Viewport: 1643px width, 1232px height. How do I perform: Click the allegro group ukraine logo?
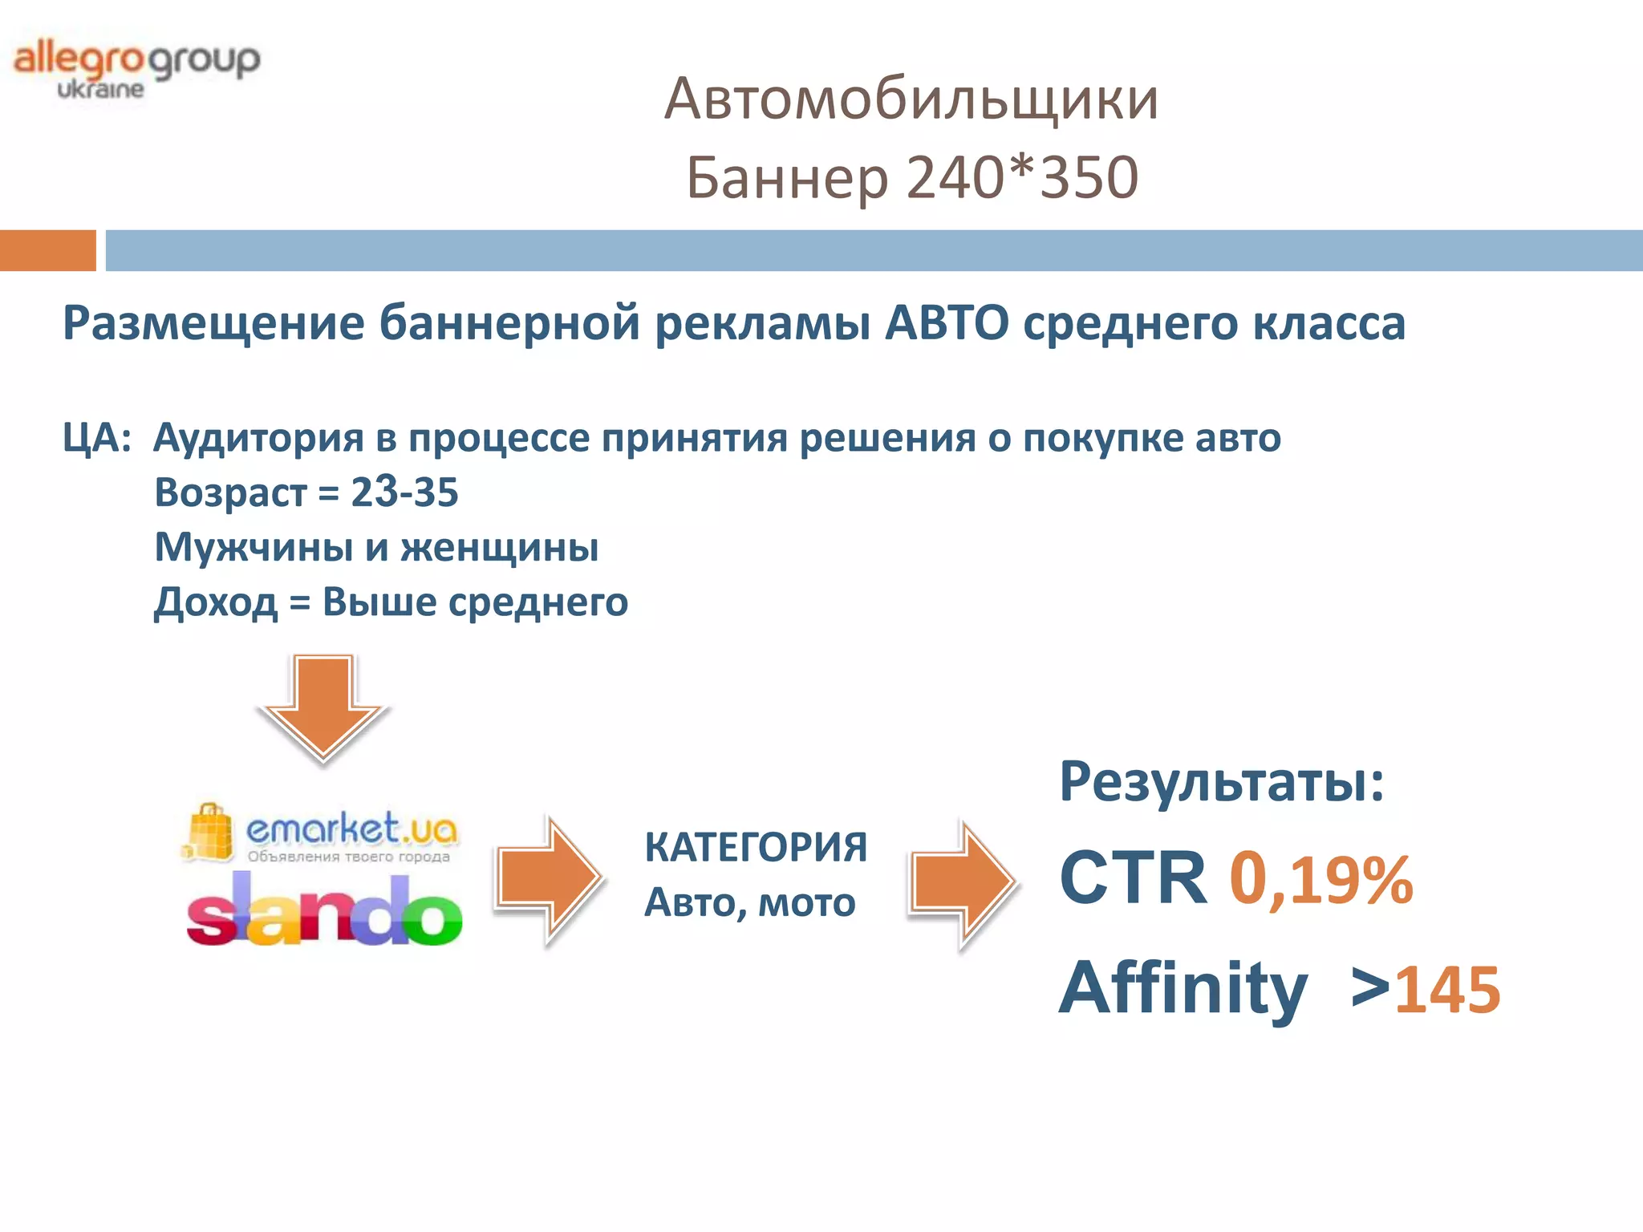(x=136, y=69)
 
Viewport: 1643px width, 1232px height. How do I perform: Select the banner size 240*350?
(x=1023, y=177)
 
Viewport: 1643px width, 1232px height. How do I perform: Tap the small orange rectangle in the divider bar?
(x=47, y=250)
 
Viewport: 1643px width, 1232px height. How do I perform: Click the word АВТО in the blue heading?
(x=947, y=323)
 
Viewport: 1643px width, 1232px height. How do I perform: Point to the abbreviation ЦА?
(x=97, y=438)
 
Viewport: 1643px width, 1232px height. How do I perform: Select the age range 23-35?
(x=404, y=492)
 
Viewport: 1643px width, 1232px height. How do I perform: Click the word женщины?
(x=499, y=547)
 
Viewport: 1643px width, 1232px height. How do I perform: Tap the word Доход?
(x=216, y=602)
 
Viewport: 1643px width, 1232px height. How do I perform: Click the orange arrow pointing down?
(x=323, y=706)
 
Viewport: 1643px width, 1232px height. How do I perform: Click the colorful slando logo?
(x=324, y=914)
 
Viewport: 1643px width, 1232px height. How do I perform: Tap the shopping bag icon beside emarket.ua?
(x=209, y=833)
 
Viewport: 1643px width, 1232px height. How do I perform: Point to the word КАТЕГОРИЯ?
(x=756, y=847)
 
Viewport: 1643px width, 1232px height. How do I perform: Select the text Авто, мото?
(x=750, y=902)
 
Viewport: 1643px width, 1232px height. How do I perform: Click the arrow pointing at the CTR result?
(x=962, y=882)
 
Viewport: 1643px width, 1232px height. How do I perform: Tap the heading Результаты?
(x=1222, y=781)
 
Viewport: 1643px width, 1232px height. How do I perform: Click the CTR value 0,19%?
(x=1320, y=880)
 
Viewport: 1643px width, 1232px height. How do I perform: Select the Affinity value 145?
(x=1447, y=991)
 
